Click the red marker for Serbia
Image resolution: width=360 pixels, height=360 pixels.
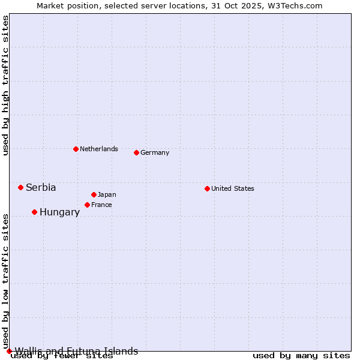20,187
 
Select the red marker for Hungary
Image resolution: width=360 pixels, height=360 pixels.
34,212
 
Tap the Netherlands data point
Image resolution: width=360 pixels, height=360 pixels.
76,149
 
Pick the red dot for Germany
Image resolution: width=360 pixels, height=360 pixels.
136,152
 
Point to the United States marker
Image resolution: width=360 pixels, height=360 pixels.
207,188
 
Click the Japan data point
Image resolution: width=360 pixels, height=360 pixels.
94,194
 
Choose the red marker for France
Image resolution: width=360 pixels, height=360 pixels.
87,205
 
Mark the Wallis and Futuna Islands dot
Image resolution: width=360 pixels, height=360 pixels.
9,351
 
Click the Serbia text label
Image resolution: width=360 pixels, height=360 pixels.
41,188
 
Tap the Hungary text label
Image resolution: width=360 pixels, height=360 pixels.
59,212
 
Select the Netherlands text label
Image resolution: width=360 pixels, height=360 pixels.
99,149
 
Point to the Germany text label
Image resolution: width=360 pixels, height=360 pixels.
155,152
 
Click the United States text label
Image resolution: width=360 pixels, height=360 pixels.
233,188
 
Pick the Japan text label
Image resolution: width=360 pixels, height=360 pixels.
107,194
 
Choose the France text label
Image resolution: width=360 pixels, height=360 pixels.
101,205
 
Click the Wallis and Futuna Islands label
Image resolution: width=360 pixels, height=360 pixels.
76,351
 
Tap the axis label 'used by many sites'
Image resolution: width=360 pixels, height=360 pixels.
301,355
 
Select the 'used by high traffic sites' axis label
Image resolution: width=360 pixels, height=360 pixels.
5,85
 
